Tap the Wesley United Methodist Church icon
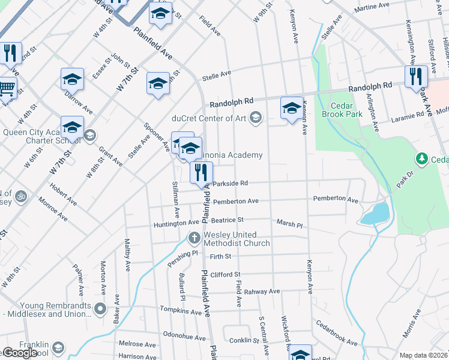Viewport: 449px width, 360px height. pos(194,239)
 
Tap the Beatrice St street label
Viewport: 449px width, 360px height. pos(226,220)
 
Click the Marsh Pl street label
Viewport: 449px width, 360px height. pos(289,223)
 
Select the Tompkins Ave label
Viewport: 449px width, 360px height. pos(181,311)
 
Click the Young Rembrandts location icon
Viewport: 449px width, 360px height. pos(100,310)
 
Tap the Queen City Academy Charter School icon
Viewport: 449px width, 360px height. pos(90,134)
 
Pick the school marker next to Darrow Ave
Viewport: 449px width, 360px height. pos(72,79)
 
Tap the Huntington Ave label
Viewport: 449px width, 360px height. pos(176,223)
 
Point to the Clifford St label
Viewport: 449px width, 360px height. pos(225,275)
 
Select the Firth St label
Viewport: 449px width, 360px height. pos(220,257)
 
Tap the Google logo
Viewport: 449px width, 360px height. pos(20,353)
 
